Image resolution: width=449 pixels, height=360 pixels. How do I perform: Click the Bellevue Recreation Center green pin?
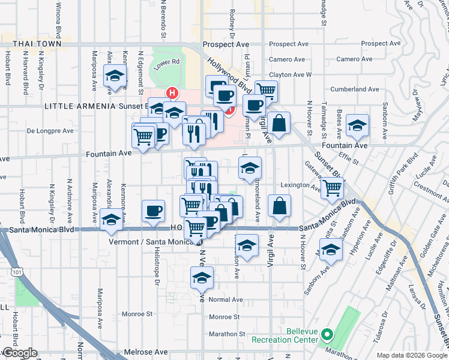[327, 334]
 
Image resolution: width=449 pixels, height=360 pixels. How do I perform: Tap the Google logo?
[19, 353]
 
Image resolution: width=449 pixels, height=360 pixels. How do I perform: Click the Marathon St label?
[227, 334]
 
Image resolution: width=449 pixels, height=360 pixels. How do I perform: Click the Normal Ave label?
[226, 299]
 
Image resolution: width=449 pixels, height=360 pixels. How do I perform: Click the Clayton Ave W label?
[291, 74]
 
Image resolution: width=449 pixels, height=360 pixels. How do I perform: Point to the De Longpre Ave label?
[50, 130]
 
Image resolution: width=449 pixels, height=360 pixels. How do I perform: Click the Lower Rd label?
[167, 61]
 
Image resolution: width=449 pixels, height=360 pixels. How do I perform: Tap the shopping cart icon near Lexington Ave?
[332, 188]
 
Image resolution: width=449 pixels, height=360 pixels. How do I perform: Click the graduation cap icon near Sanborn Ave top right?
[357, 125]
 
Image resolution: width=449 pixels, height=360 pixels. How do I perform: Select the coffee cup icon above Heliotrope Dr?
[153, 211]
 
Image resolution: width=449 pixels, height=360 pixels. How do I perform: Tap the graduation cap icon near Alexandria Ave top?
[115, 76]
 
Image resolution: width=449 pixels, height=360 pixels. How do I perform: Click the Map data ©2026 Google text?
[412, 355]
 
